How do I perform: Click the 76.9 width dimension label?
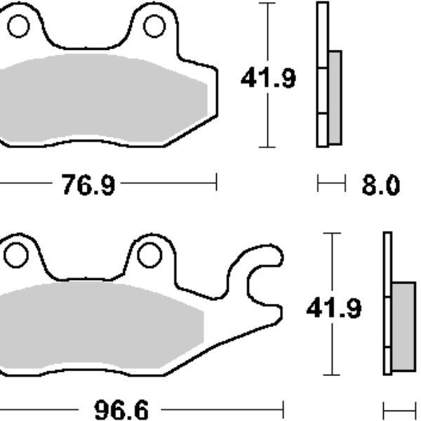(x=88, y=185)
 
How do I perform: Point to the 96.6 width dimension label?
(x=121, y=410)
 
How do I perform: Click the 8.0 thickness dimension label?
(x=381, y=185)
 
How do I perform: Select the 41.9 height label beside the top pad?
(x=268, y=78)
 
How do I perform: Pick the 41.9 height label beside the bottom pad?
(x=334, y=307)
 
